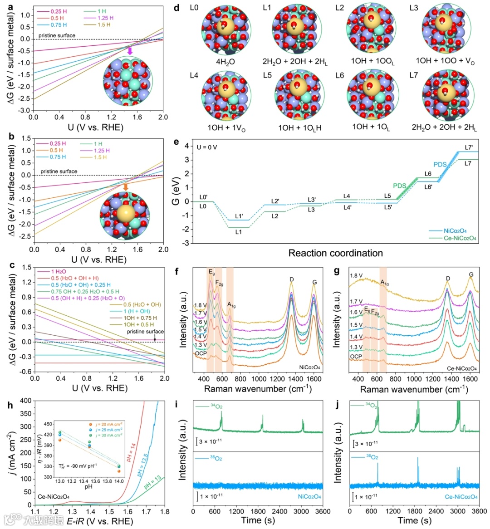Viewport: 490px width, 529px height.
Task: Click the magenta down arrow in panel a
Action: (130, 51)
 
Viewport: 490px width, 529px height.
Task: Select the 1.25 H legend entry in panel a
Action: (105, 18)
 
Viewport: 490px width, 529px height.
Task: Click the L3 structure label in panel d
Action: (413, 8)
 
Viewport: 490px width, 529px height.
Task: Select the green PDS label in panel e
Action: (399, 186)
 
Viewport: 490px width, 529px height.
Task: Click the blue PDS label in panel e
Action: (440, 165)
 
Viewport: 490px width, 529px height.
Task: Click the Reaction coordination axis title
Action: (335, 253)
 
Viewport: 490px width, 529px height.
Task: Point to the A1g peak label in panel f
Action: (231, 305)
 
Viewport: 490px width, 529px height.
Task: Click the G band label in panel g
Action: (471, 274)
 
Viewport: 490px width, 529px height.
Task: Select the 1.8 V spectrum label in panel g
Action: (356, 275)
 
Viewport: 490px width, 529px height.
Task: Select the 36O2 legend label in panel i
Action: (216, 458)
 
